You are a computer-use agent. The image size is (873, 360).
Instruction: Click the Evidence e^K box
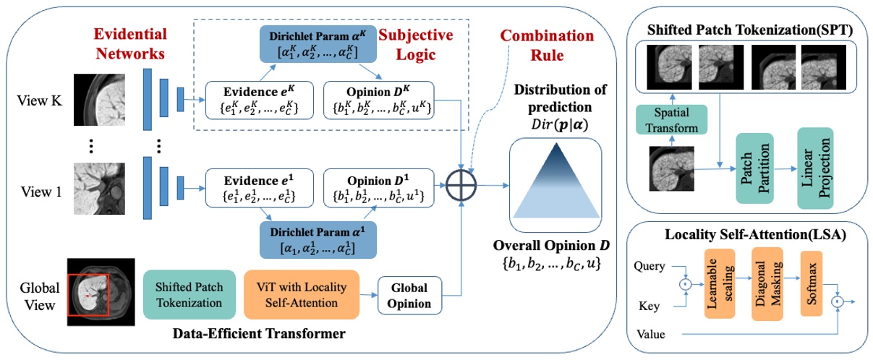click(x=250, y=100)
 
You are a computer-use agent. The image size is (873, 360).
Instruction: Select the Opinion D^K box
click(x=378, y=100)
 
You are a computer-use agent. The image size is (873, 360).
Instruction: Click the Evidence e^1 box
click(x=250, y=187)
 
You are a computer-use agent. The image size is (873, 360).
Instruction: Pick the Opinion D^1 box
click(x=378, y=187)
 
